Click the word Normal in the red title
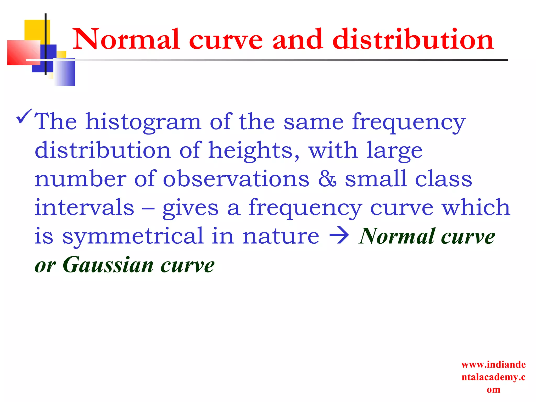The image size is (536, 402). pos(126,39)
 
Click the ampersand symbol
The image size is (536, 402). pos(327,179)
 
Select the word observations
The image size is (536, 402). pos(236,179)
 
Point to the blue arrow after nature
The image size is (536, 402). pos(339,236)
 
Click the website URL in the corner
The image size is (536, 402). pos(493,377)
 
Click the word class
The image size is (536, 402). pos(443,179)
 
